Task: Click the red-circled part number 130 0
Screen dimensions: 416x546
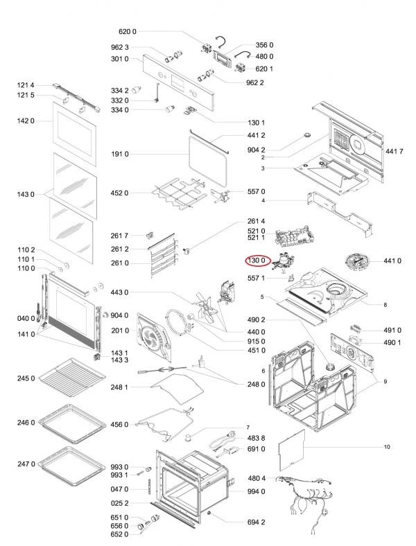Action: [258, 260]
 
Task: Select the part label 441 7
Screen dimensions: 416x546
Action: [394, 152]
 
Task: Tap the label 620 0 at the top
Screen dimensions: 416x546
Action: [128, 32]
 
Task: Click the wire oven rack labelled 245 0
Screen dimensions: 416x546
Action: [72, 378]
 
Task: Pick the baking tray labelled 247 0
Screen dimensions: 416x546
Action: [71, 462]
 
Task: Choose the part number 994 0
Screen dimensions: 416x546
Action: [256, 491]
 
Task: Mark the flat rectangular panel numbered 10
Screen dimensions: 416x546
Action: [292, 450]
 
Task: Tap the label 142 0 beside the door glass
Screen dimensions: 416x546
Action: [26, 121]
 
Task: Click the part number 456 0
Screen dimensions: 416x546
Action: [119, 425]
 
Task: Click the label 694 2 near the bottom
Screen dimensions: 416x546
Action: [256, 522]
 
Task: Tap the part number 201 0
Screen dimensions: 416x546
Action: [120, 331]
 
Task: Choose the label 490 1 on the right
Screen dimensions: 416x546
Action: [392, 343]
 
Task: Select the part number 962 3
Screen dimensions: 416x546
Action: [120, 47]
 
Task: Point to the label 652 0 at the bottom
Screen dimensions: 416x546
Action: [119, 534]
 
